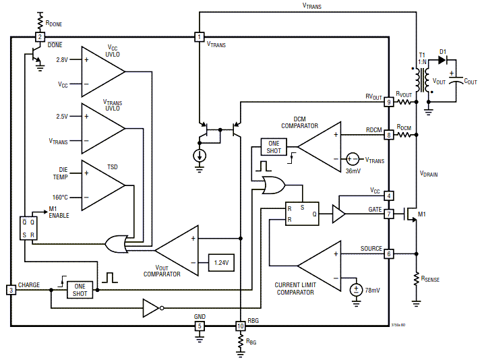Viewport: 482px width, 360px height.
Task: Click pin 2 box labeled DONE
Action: [x=40, y=37]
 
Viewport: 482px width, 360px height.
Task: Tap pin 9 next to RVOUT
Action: [x=389, y=102]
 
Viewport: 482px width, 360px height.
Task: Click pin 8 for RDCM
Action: [x=389, y=135]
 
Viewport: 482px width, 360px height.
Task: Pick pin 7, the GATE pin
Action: [x=389, y=214]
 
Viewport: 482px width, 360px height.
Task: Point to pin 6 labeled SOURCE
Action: [x=389, y=253]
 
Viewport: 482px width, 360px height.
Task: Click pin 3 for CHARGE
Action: [x=11, y=290]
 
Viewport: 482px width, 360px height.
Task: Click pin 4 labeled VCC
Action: [x=389, y=196]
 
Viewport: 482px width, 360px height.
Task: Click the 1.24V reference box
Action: [x=220, y=262]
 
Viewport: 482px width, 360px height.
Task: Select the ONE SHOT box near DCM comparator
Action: [x=274, y=147]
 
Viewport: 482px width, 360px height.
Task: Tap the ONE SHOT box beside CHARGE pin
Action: [x=80, y=290]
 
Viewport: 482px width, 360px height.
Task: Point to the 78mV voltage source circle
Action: [x=355, y=290]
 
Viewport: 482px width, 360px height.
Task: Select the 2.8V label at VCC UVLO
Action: [x=63, y=60]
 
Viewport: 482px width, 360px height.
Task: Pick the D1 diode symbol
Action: [x=442, y=59]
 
